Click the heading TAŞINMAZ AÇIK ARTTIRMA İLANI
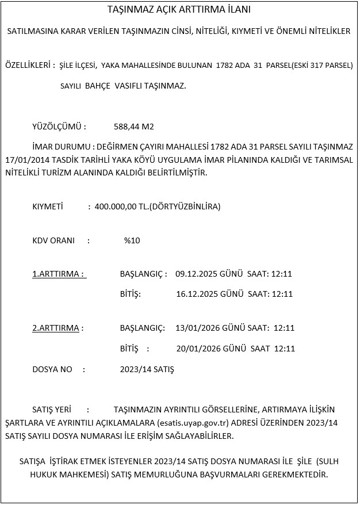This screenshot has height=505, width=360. click(x=179, y=10)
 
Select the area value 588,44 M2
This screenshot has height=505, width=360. click(x=134, y=127)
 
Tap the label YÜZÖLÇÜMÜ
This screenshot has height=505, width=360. click(x=59, y=127)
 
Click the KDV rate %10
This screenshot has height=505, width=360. click(x=132, y=240)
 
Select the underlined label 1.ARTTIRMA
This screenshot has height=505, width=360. click(x=59, y=274)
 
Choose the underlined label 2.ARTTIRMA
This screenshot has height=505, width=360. click(x=58, y=328)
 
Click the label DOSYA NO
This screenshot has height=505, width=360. click(x=52, y=369)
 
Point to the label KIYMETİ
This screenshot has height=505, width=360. click(x=47, y=206)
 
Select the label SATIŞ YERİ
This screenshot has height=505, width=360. click(x=52, y=410)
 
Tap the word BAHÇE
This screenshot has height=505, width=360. click(x=98, y=86)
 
